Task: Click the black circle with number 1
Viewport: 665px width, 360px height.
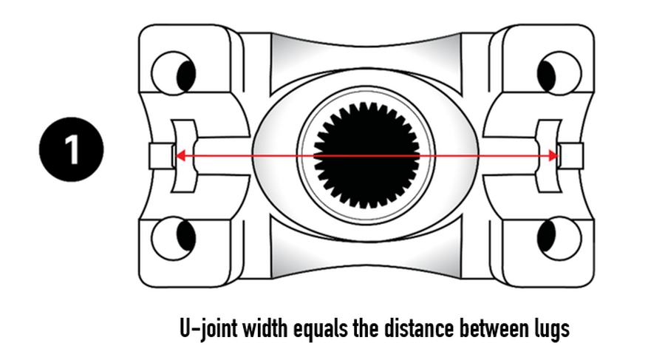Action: click(x=72, y=149)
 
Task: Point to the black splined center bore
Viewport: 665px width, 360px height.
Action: click(x=366, y=156)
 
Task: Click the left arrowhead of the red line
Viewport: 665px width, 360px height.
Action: click(x=178, y=156)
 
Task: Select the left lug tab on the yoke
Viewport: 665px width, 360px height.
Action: click(x=160, y=156)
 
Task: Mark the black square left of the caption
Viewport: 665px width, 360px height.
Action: click(x=41, y=328)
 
